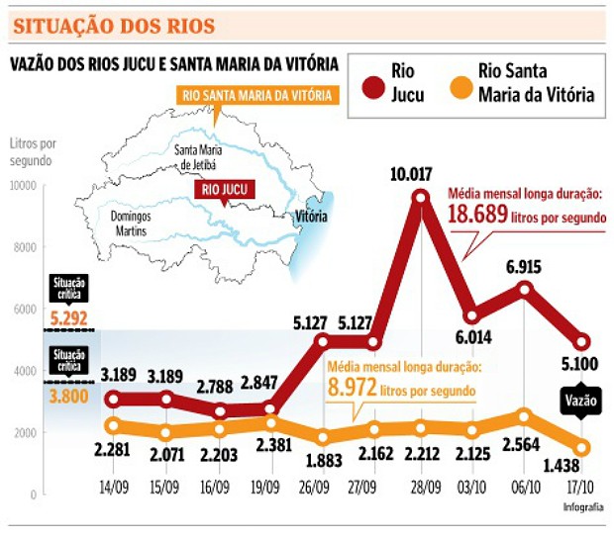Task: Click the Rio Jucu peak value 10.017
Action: pos(411,175)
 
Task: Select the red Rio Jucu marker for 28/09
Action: pos(421,198)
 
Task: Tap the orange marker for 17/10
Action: pos(582,448)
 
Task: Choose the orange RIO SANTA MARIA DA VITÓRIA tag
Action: pos(256,96)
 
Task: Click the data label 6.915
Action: pos(521,268)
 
